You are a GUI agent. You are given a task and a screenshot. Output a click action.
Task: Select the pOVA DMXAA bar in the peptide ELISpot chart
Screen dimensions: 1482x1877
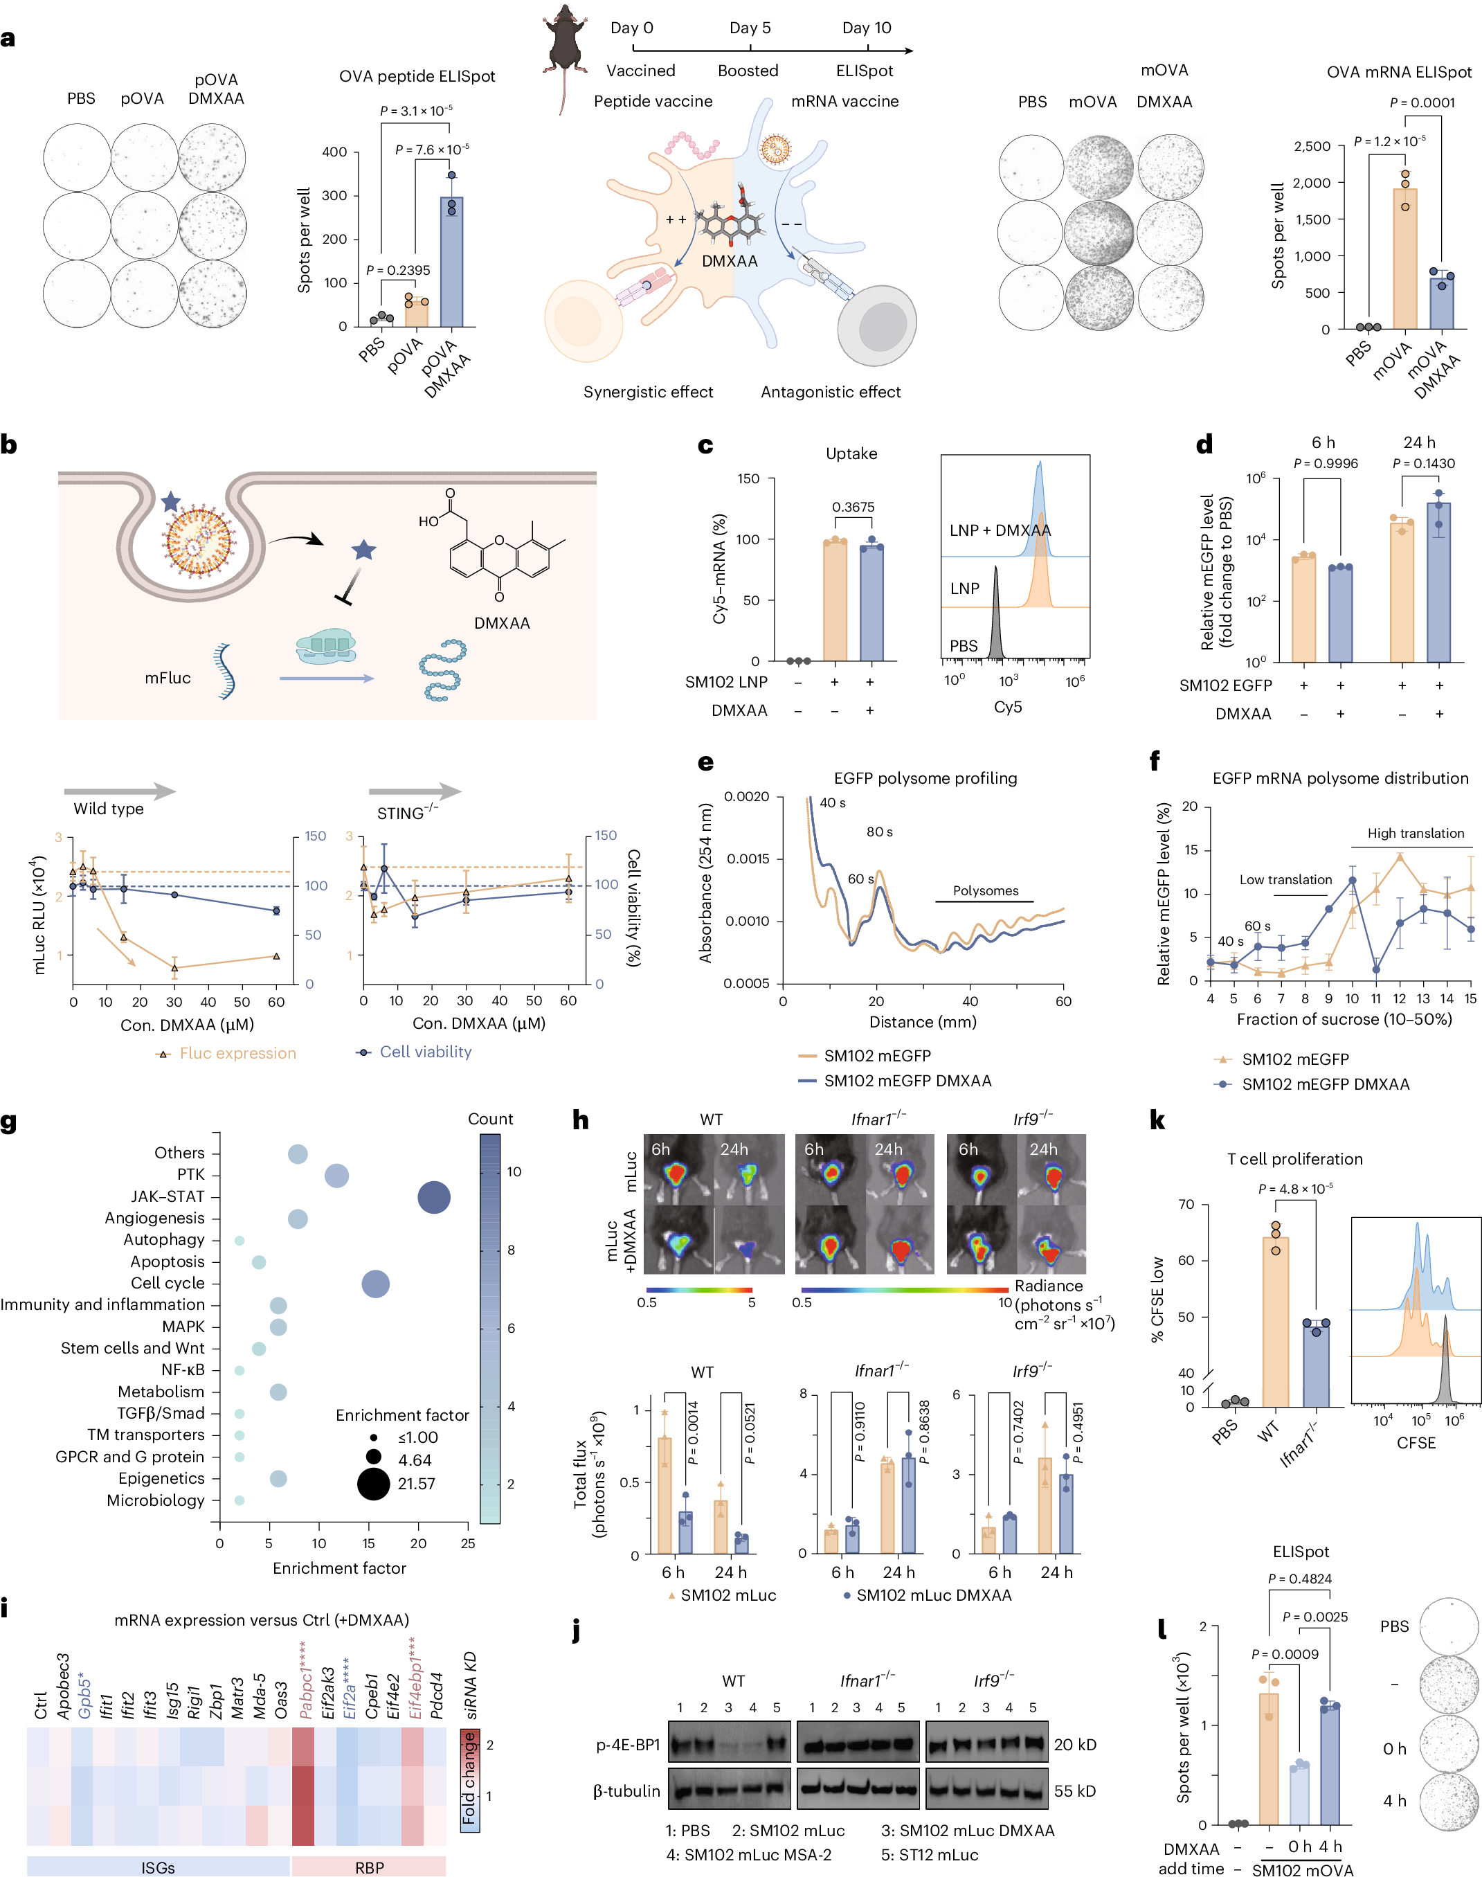451,262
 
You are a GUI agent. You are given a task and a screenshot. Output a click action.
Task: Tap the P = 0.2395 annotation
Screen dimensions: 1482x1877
398,270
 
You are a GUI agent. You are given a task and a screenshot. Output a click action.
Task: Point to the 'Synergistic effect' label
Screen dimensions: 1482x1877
648,393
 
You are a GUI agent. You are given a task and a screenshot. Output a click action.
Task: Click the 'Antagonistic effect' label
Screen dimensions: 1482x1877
831,393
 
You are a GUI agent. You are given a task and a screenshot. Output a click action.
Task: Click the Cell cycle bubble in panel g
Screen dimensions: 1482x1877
375,1284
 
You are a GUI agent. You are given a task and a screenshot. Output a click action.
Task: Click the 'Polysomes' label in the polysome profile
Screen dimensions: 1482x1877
986,891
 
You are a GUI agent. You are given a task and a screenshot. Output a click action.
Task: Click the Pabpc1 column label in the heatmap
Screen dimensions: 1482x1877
305,1678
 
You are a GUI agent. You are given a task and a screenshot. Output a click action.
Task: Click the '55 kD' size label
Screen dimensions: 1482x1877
1075,1790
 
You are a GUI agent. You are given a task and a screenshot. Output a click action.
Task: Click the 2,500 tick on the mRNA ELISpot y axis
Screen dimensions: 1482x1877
1312,146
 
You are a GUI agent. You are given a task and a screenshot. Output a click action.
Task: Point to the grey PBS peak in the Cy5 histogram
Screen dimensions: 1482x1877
996,613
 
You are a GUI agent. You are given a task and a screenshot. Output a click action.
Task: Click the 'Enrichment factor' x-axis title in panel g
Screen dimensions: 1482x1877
339,1568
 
